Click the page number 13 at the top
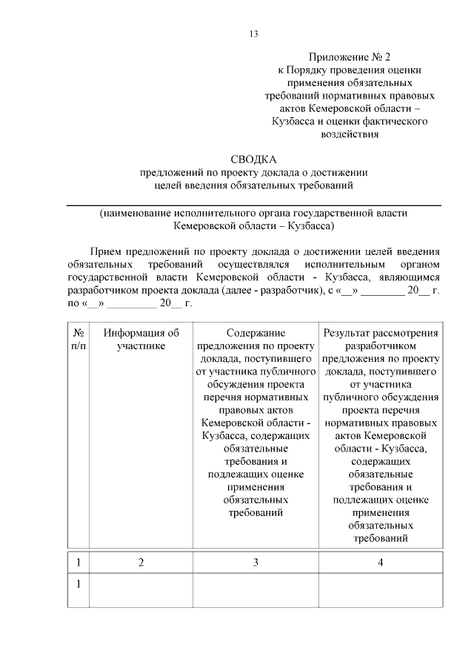coord(253,33)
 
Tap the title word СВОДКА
coord(253,159)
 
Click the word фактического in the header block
coord(390,121)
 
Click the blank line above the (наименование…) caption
coord(253,204)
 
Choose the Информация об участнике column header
coord(141,340)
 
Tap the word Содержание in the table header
coord(256,334)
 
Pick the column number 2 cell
coord(141,563)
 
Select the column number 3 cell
coord(256,563)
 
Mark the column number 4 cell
coord(380,563)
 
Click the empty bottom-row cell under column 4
coord(380,591)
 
